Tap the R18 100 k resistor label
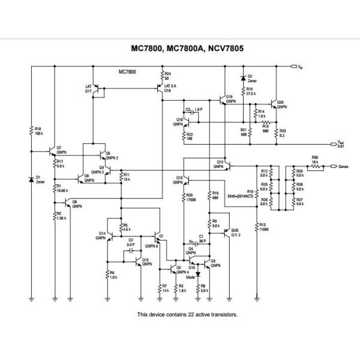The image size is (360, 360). [37, 130]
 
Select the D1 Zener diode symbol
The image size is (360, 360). [31, 179]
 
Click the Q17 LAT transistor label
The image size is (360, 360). [89, 88]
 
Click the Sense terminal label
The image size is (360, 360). [343, 166]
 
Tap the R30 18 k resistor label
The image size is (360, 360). [314, 160]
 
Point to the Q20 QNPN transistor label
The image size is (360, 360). [281, 104]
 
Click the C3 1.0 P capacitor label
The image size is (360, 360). [194, 110]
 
